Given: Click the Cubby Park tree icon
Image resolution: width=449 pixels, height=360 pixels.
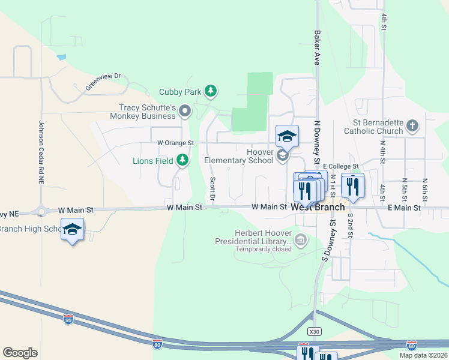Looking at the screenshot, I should point(210,91).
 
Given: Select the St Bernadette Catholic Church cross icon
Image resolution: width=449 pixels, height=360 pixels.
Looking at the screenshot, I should point(412,125).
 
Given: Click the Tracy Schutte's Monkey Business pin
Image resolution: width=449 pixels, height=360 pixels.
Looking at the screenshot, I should point(184,110).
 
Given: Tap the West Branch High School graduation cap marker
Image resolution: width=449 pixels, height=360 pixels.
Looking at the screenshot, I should point(72,230).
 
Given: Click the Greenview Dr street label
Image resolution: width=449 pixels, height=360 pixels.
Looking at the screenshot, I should point(103,82).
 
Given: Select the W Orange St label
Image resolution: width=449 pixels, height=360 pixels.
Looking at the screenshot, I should point(175,143).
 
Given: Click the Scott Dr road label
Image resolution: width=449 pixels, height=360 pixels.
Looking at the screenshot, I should point(212,189).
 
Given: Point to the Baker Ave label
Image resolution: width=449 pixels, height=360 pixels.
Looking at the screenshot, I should point(316,49).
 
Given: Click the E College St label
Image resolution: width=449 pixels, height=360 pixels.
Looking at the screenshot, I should point(340,166).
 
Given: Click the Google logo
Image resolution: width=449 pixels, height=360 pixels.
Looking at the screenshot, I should point(20,353).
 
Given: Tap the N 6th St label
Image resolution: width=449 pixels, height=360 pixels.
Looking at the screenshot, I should point(424,189).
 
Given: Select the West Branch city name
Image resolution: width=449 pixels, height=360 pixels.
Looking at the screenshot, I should point(318,208).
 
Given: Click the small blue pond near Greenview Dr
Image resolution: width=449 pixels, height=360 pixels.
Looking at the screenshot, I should point(61,58).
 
